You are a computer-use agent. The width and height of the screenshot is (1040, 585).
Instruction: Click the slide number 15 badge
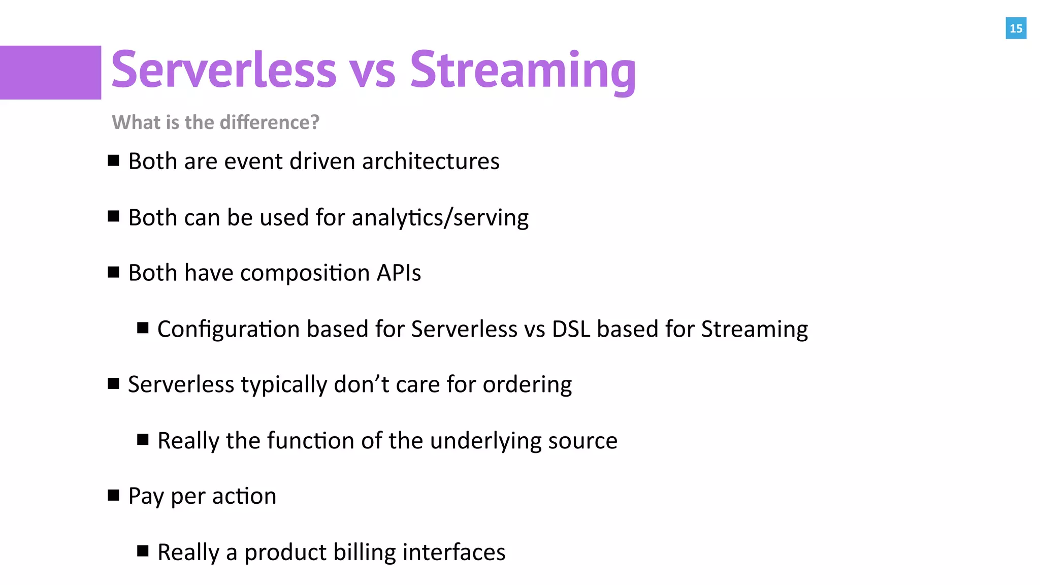1016,28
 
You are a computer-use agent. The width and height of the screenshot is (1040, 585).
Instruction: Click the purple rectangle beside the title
50,73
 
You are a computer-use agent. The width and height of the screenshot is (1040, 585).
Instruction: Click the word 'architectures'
431,161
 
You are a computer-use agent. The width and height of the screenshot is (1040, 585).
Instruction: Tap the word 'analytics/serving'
440,218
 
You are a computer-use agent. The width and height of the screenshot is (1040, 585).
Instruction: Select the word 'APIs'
399,273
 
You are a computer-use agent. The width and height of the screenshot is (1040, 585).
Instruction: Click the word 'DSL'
571,329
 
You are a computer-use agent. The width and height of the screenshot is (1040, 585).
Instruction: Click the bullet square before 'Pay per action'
114,495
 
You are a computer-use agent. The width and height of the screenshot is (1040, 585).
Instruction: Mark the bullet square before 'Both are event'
114,161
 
